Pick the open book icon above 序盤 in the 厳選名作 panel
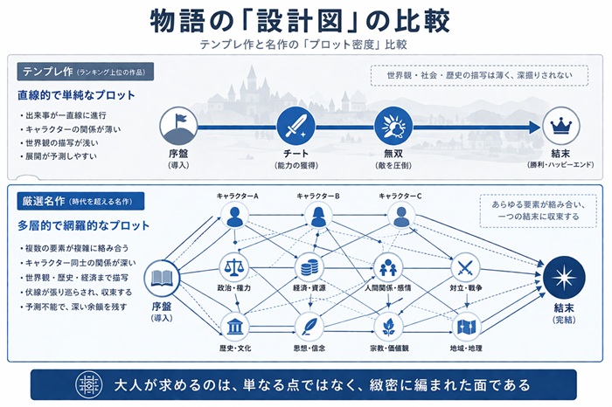(161, 279)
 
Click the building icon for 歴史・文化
(233, 327)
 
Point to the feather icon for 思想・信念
(309, 327)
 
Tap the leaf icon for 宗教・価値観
(387, 327)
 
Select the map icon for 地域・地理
(465, 327)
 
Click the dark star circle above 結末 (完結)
(560, 278)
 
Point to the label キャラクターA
(238, 196)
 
